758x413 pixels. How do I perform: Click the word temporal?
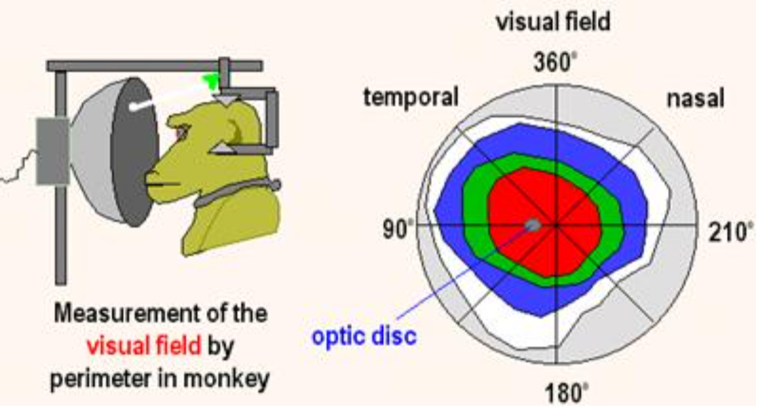coord(411,98)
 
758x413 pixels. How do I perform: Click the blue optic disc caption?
coord(364,336)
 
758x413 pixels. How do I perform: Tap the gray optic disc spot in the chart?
coord(533,226)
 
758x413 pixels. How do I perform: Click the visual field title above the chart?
coord(553,23)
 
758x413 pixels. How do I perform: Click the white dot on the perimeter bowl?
coord(134,107)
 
